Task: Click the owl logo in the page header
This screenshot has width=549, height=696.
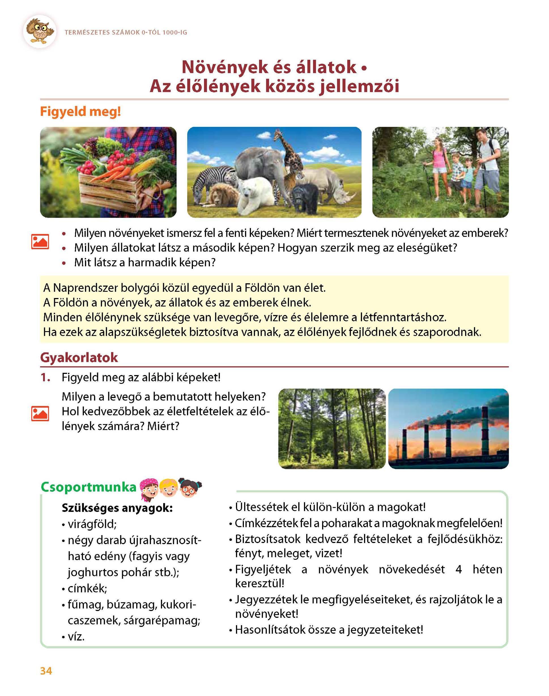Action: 40,31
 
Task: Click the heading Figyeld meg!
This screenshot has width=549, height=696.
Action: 80,112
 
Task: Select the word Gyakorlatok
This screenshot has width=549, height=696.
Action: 79,358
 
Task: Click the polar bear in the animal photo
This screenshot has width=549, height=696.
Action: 256,195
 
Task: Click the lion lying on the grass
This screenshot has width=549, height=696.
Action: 224,194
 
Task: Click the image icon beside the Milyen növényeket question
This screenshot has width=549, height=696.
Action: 40,241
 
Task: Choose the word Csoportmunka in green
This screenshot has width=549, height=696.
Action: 89,488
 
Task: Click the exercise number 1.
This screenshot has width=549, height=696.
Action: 45,378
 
